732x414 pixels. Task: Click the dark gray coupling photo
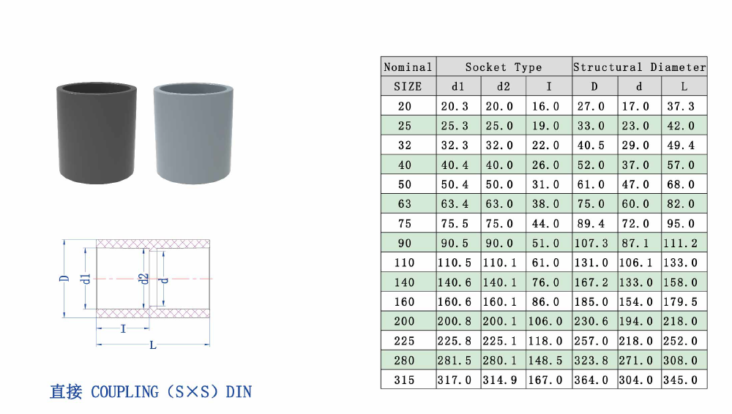coord(97,133)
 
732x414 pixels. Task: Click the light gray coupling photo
coord(193,133)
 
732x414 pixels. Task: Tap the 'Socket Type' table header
coord(504,67)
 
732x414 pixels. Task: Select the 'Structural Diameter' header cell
coord(640,67)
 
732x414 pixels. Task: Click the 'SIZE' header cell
coord(408,87)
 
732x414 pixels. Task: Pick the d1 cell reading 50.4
coord(455,184)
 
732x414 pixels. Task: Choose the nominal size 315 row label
coord(404,380)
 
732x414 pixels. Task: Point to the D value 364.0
coord(591,380)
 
